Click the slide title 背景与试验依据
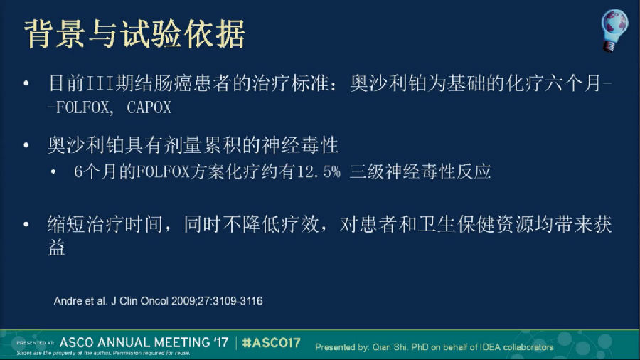pos(134,34)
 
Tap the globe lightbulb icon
pos(614,31)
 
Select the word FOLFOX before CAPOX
pos(82,107)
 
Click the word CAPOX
pos(149,107)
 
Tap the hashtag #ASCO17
pos(271,342)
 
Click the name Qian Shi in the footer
pos(389,347)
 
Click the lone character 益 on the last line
pos(56,248)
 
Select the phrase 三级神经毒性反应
pos(420,172)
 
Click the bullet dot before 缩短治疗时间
pos(26,224)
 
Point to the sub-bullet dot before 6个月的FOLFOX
pos(53,172)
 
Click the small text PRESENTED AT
pos(35,343)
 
